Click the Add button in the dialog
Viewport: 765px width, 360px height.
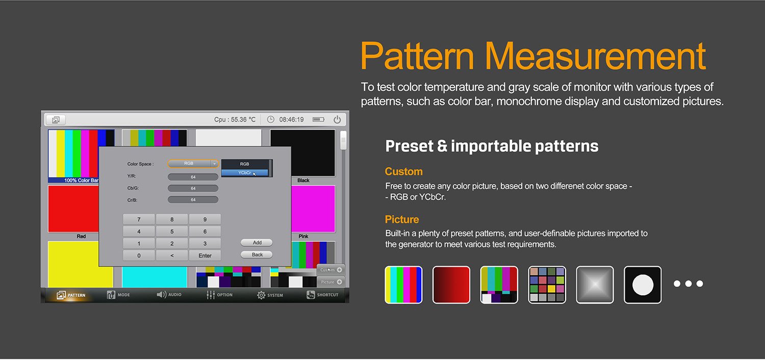[x=257, y=243]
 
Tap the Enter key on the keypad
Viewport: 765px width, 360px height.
[x=205, y=255]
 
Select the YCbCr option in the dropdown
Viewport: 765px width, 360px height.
[x=245, y=173]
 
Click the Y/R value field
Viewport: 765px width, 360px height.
[x=193, y=177]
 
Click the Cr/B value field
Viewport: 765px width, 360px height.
[x=193, y=200]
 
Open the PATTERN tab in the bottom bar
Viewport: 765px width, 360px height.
[x=71, y=295]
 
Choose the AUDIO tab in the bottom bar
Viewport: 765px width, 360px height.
[x=169, y=295]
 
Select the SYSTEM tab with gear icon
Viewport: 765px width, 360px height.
[x=270, y=295]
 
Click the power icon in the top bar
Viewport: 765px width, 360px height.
[x=337, y=120]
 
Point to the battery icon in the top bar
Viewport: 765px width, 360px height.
[x=319, y=120]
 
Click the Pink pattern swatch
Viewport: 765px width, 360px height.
[x=313, y=209]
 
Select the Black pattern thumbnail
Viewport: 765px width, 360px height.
[x=302, y=153]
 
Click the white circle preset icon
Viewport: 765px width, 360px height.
[x=643, y=285]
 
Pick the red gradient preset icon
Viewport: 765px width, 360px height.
[x=451, y=285]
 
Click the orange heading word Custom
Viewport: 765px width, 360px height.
[x=403, y=171]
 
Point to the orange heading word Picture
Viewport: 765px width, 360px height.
[x=402, y=220]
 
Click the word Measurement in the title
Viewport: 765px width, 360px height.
[x=595, y=56]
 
